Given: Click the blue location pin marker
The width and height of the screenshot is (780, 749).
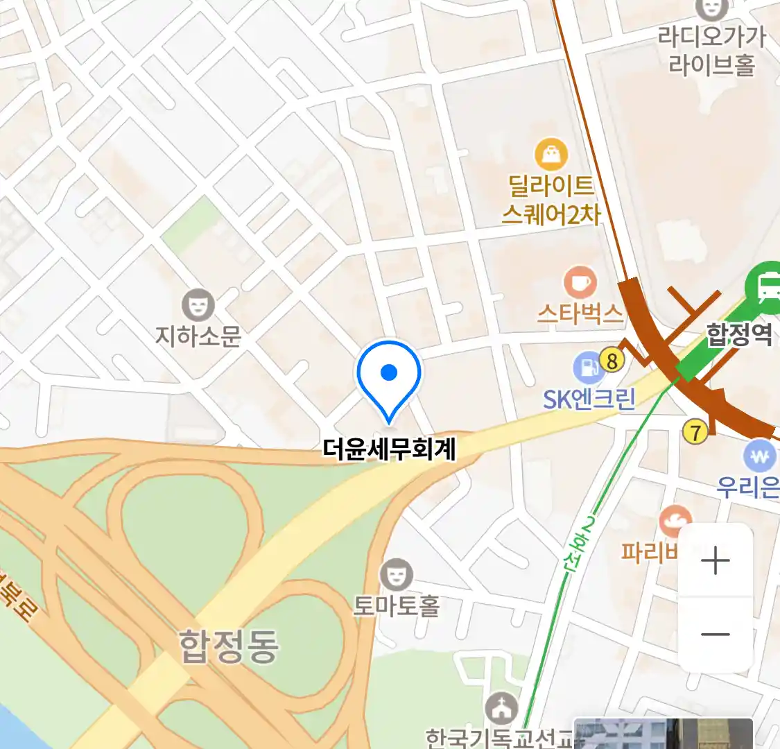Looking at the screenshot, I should coord(389,375).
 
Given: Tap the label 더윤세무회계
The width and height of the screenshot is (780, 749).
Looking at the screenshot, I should coord(389,449).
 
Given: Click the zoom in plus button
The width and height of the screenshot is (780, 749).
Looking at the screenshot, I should coord(716,560).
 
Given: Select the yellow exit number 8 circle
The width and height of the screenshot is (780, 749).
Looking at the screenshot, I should coord(612,360).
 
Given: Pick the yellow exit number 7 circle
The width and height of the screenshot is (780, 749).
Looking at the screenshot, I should coord(695,432).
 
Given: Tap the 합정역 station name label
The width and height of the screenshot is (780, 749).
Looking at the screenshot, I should coord(739,335).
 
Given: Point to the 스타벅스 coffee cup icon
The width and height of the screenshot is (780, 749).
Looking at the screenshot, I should coord(580,283).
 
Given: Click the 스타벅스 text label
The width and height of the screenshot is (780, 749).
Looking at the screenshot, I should coord(580,315).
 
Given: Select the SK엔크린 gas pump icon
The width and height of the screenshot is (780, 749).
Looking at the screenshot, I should coord(588,368).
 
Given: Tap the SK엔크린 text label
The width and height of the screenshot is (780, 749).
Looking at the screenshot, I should coord(589,399).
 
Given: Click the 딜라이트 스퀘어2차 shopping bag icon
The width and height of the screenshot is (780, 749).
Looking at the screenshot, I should coord(551,155).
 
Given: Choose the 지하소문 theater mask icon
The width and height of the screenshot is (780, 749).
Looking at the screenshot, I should coord(198,305).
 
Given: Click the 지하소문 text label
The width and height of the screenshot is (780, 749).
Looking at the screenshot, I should coord(198,336).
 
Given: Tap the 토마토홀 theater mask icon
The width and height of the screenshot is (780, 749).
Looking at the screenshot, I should coord(396,575).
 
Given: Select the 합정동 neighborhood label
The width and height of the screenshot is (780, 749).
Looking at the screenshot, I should coord(229,646).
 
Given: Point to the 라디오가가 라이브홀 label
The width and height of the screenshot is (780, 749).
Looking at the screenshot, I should coord(711,50).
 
